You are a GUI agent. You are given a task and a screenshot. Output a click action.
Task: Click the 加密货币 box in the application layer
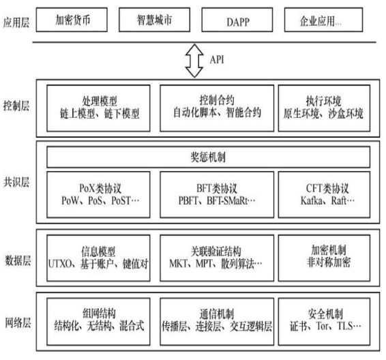tap(72, 20)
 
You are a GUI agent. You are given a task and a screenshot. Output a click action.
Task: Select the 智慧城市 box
tap(154, 20)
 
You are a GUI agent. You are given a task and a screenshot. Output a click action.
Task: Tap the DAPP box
tap(237, 20)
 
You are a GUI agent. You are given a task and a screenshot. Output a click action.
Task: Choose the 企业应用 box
tap(323, 20)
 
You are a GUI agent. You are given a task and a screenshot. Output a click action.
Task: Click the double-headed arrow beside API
tap(194, 61)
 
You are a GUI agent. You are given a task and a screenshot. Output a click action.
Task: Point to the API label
tap(217, 59)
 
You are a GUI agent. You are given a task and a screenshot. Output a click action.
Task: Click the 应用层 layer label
tap(16, 22)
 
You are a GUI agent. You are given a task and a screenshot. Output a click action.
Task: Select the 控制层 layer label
tap(16, 106)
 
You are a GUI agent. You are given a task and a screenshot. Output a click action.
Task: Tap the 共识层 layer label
tap(16, 182)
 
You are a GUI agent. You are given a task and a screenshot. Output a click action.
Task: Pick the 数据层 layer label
tap(18, 260)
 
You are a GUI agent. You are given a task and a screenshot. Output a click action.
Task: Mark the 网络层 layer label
tap(18, 322)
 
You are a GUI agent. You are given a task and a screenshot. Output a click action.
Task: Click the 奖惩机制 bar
tap(208, 157)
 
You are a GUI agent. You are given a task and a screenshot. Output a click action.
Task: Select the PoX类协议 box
tap(98, 194)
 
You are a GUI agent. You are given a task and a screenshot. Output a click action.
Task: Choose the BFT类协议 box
tap(217, 194)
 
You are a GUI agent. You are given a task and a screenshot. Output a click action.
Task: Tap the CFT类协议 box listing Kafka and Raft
tap(324, 194)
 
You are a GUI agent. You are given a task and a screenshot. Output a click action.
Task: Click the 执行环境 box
tap(324, 108)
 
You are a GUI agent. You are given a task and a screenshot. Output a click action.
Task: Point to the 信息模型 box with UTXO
tap(98, 258)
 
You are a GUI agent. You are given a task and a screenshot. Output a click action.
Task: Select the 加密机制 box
tap(324, 258)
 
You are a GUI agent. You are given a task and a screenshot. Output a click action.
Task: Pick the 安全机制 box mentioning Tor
tap(324, 321)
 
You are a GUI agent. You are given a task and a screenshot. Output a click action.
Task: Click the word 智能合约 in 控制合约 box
tap(243, 112)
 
